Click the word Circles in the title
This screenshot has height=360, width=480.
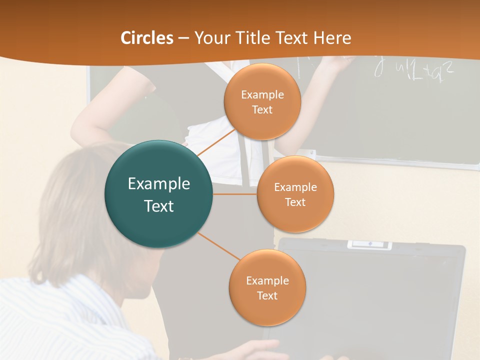(x=147, y=38)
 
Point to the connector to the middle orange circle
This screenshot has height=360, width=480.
(x=235, y=194)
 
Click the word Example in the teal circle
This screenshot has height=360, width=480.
(x=159, y=184)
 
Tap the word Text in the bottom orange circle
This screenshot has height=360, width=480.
(x=267, y=295)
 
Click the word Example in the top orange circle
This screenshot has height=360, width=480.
(x=262, y=94)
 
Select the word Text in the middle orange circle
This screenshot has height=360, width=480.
(x=295, y=202)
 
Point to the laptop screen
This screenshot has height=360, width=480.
(x=370, y=300)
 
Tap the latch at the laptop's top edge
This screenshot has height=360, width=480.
(x=369, y=244)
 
